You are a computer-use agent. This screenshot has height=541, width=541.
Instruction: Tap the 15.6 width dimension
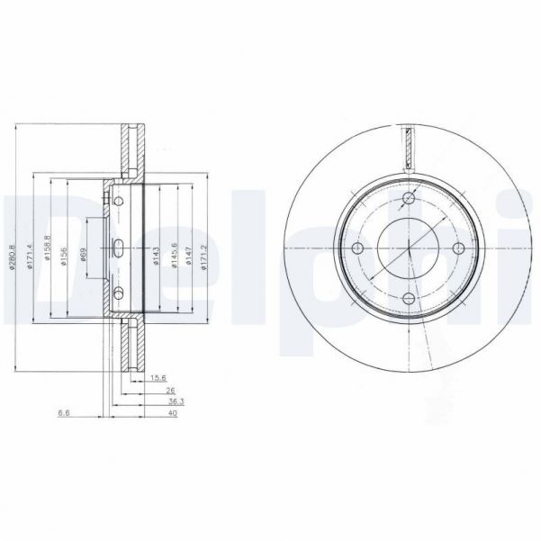[159, 378]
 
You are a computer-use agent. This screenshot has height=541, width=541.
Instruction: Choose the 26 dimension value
[170, 390]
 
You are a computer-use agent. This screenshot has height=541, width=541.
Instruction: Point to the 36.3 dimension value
[176, 401]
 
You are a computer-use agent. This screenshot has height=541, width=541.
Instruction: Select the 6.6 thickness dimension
[64, 413]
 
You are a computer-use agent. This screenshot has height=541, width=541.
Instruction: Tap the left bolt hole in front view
[358, 248]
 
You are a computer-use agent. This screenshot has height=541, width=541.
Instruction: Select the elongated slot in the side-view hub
[120, 249]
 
